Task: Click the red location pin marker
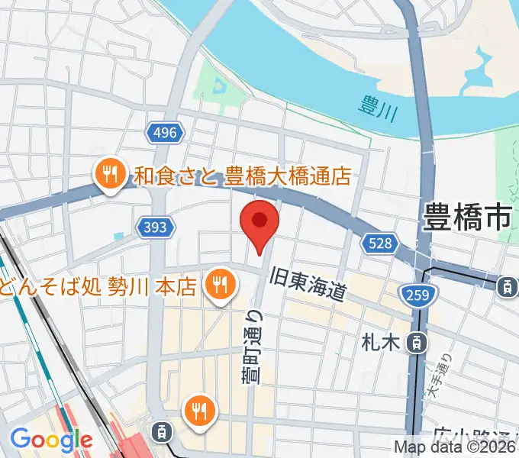259,223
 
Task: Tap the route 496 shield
164,133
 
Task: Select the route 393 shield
157,227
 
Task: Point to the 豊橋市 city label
466,218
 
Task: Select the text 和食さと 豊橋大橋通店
243,177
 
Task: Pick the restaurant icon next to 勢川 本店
221,285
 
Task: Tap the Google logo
50,440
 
